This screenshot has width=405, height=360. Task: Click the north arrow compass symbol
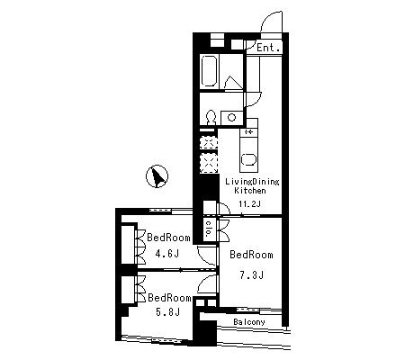157,176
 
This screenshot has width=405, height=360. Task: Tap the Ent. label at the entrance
269,48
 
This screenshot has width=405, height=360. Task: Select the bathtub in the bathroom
209,71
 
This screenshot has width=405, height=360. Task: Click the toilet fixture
211,117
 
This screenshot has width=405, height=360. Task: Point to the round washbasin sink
231,117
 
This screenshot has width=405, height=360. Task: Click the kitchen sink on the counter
248,159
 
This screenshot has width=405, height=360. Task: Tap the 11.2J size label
249,204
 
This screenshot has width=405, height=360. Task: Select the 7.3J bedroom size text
251,274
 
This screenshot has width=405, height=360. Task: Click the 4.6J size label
167,254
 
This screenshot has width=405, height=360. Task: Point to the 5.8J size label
167,312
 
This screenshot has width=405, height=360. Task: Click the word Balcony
249,322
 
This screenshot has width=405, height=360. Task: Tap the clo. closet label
209,229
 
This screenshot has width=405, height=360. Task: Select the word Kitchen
250,191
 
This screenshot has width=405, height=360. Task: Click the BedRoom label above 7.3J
251,255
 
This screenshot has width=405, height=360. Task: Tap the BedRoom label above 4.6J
168,238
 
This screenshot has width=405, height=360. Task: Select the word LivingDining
252,182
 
